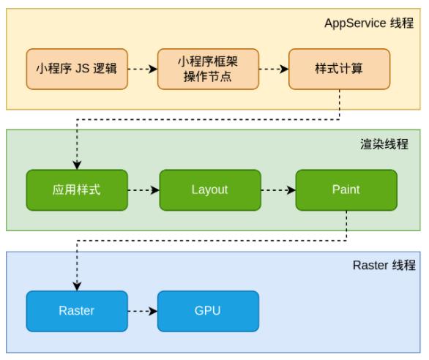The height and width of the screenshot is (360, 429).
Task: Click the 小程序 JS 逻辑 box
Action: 77,70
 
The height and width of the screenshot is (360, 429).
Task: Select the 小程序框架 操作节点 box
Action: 209,70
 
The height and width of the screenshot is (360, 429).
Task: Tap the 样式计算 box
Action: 339,70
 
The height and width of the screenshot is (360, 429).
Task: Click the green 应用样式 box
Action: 77,190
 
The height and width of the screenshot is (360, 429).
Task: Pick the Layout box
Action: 209,190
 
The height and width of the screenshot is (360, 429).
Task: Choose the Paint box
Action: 346,190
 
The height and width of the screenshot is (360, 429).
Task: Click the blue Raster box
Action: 77,310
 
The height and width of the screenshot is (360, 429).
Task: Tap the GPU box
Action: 209,310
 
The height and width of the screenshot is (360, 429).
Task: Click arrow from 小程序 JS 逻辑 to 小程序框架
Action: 143,70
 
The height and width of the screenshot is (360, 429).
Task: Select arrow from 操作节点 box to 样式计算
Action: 274,70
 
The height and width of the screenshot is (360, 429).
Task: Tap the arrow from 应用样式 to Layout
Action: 143,190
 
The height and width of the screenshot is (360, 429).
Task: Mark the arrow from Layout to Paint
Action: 278,190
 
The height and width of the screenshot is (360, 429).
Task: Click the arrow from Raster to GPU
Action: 143,310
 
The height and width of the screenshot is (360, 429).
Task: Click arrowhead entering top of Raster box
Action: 77,286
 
